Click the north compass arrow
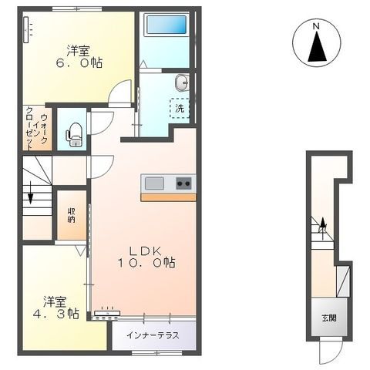click(x=316, y=47)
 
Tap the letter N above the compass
click(x=316, y=26)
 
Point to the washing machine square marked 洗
click(x=179, y=109)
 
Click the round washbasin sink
click(x=180, y=82)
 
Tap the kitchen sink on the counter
click(x=154, y=183)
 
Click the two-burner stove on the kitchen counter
click(x=183, y=183)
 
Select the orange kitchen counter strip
click(x=168, y=196)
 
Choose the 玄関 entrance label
click(x=328, y=318)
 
